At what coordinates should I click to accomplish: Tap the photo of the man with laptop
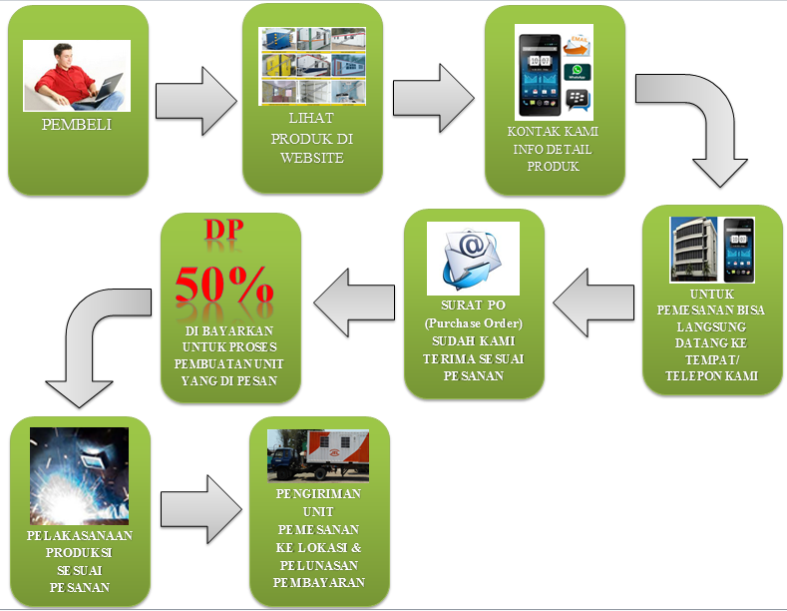click(77, 75)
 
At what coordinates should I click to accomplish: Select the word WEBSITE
click(312, 158)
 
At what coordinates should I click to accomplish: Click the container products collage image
click(312, 66)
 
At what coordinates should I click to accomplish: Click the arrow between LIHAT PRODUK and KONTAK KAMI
click(435, 98)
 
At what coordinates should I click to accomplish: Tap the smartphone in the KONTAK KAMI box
click(538, 71)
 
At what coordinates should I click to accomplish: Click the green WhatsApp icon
click(576, 73)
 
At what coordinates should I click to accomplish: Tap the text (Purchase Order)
click(474, 323)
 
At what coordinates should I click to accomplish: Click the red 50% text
click(224, 284)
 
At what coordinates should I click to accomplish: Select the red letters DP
click(224, 229)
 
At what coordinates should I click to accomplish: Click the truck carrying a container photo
click(318, 454)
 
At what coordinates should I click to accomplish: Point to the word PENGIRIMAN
click(319, 494)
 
